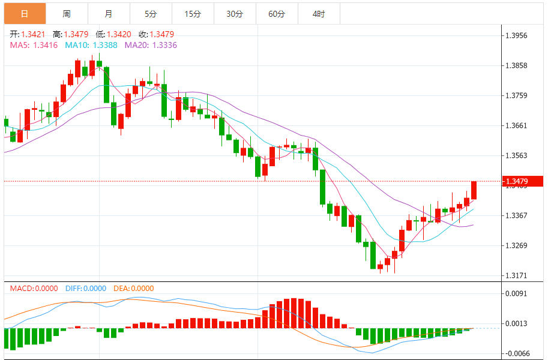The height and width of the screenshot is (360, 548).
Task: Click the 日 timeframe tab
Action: tap(24, 13)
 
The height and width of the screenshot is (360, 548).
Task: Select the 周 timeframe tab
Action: tap(66, 13)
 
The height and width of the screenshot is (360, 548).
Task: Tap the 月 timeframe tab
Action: tap(108, 13)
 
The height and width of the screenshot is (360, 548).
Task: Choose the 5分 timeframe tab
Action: tap(150, 13)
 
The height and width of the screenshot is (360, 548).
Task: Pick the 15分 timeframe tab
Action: tap(193, 13)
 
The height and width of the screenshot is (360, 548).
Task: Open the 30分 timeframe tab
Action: tap(235, 13)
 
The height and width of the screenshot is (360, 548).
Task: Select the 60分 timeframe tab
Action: tap(277, 13)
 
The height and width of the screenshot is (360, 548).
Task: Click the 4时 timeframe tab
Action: tap(319, 13)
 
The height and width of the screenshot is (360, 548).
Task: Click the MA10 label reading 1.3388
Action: tap(92, 45)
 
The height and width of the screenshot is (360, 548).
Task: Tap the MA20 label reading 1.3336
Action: tap(151, 45)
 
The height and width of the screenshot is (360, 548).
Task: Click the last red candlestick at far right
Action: tap(474, 190)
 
